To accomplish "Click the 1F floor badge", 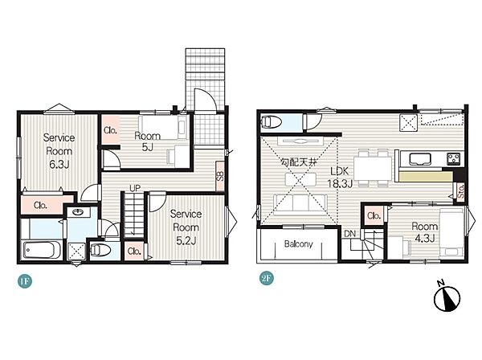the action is point(25,281).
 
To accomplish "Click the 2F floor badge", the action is point(266,279).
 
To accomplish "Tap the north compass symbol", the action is point(447,297).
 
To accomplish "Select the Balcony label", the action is point(299,244).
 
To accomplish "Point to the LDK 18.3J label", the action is point(339,177).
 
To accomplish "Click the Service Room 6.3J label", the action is point(59,151).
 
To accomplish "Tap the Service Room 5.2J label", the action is point(186,227).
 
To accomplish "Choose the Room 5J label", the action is point(148,141).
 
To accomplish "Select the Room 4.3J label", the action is point(424,232).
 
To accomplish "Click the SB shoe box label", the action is point(220,176).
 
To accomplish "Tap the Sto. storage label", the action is point(461,192).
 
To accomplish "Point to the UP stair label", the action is point(135,188).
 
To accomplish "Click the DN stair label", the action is point(349,234).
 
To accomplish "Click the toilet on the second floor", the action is point(271,122).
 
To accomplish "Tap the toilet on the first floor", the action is point(100,250).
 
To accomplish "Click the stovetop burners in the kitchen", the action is point(454,158).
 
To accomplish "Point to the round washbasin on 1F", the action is point(79,212).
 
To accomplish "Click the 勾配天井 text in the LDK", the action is point(299,162).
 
